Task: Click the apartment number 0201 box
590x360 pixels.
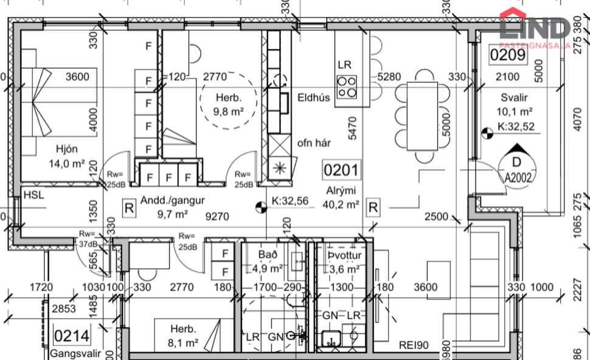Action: click(x=342, y=170)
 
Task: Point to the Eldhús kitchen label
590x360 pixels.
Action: click(x=314, y=97)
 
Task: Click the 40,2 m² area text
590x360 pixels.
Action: click(x=341, y=205)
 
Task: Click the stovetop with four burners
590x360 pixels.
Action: click(x=347, y=86)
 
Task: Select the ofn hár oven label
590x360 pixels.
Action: click(x=314, y=144)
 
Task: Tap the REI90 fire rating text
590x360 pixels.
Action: click(x=414, y=345)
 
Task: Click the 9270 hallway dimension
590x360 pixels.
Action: click(x=218, y=215)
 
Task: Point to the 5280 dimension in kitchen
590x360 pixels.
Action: click(x=390, y=77)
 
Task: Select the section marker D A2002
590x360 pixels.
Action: click(x=516, y=167)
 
